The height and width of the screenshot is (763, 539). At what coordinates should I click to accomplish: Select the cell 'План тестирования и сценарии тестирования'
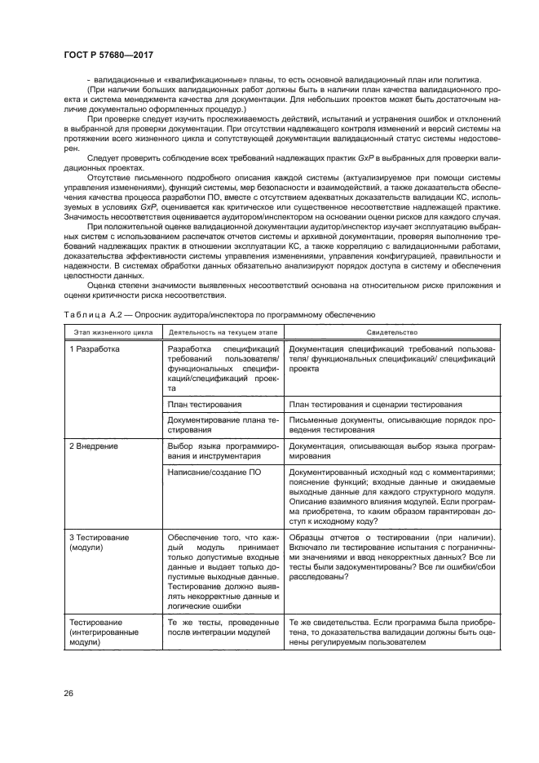(x=375, y=405)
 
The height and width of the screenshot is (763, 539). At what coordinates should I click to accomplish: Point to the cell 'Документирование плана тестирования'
(x=223, y=424)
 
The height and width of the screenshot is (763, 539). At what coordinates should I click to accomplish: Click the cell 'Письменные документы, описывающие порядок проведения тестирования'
(x=391, y=424)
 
